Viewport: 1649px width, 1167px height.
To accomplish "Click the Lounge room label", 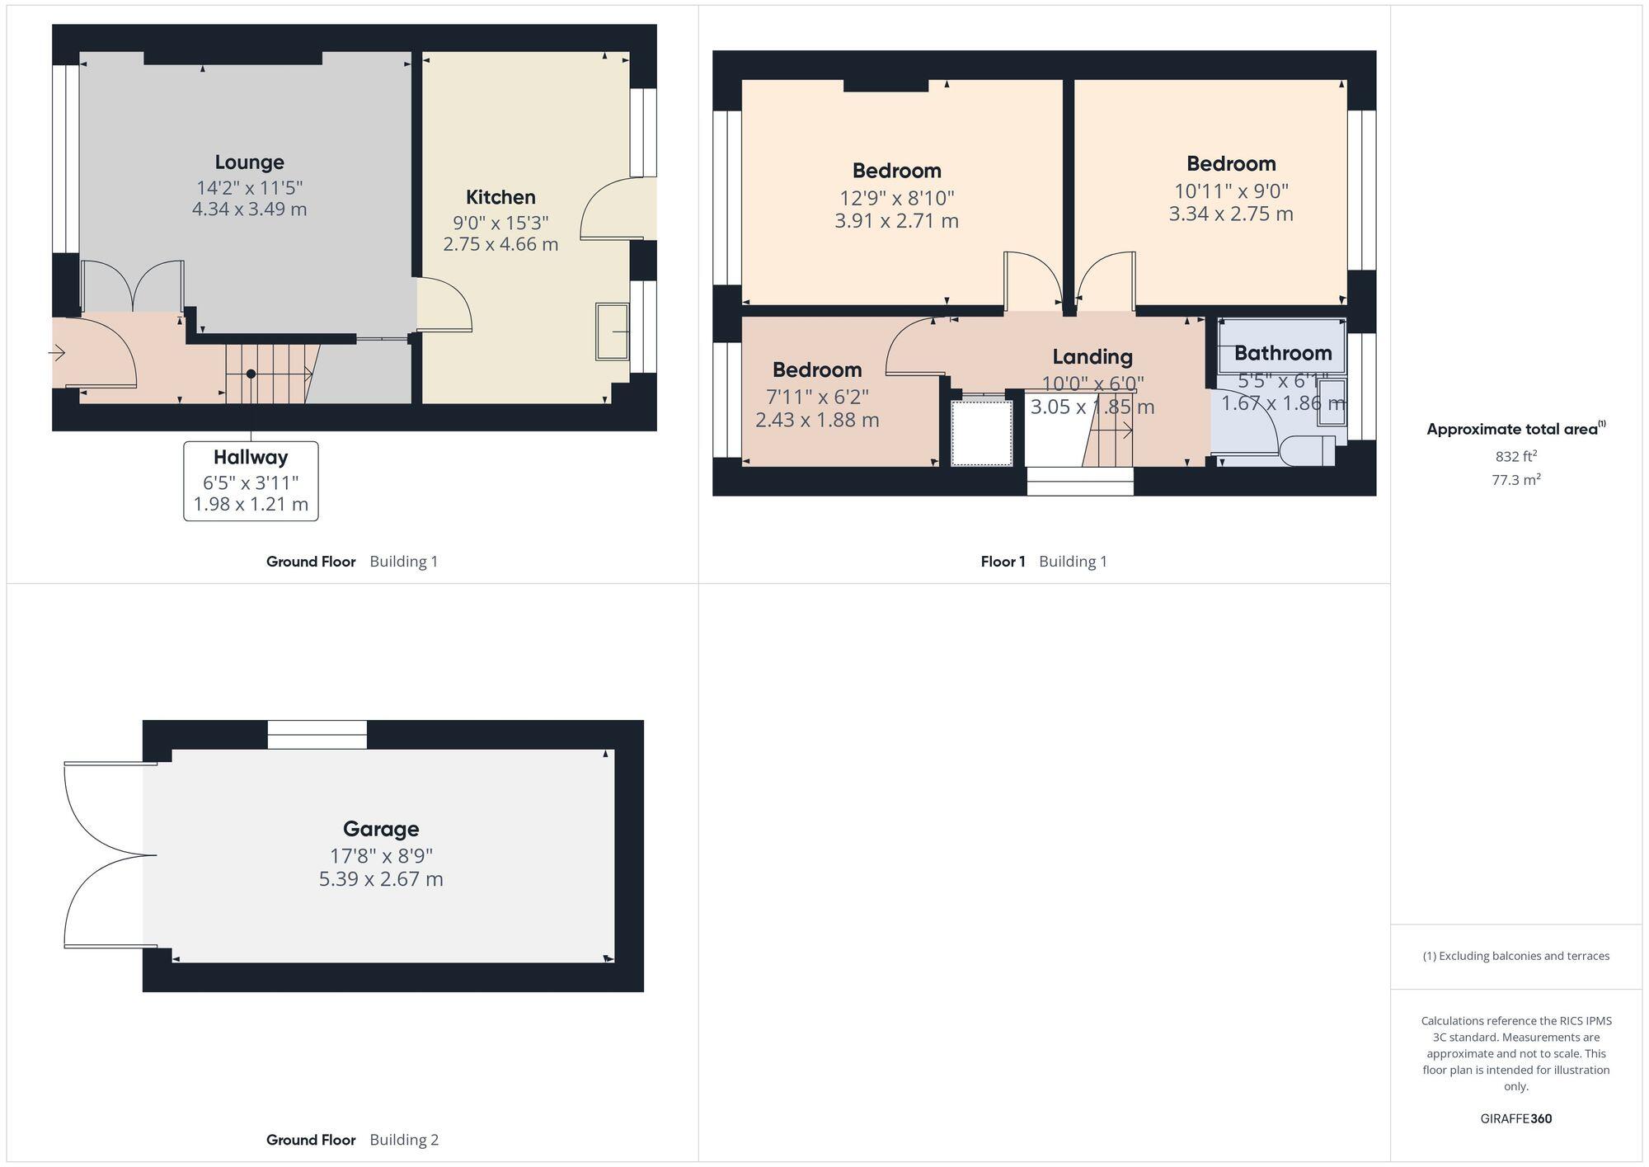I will pyautogui.click(x=249, y=162).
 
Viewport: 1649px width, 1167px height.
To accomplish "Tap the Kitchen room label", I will pyautogui.click(x=500, y=197).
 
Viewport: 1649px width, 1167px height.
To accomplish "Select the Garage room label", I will pyautogui.click(x=381, y=829).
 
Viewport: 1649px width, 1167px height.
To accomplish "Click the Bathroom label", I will pyautogui.click(x=1283, y=353).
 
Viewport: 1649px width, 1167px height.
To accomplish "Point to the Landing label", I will pyautogui.click(x=1092, y=357).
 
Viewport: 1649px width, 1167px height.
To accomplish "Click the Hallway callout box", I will pyautogui.click(x=251, y=481).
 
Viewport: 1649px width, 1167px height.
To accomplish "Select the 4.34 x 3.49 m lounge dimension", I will pyautogui.click(x=249, y=209).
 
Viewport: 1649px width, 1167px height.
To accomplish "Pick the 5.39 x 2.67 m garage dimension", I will pyautogui.click(x=381, y=879).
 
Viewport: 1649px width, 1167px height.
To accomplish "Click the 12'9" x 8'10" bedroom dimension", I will pyautogui.click(x=897, y=198).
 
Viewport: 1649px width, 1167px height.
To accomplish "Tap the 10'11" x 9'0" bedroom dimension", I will pyautogui.click(x=1231, y=191).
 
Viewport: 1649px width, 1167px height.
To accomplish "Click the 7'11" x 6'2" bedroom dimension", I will pyautogui.click(x=817, y=397).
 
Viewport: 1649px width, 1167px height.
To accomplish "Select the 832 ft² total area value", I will pyautogui.click(x=1515, y=456).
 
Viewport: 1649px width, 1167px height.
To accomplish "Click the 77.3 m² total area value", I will pyautogui.click(x=1515, y=479).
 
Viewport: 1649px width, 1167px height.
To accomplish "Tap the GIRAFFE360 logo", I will pyautogui.click(x=1515, y=1119).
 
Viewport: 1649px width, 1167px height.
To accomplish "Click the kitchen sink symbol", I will pyautogui.click(x=612, y=332).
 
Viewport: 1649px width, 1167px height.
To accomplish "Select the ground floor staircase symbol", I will pyautogui.click(x=268, y=374).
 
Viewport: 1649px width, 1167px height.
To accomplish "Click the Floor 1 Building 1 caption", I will pyautogui.click(x=1044, y=562).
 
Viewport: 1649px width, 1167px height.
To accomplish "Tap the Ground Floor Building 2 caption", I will pyautogui.click(x=352, y=1140).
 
